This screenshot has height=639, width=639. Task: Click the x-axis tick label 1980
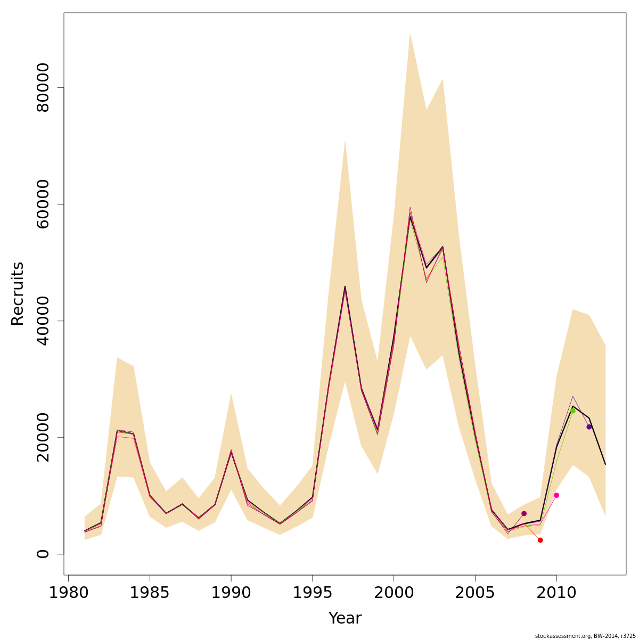[x=69, y=593]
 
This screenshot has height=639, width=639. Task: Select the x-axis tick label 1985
[x=150, y=593]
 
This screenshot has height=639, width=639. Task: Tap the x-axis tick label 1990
[x=231, y=593]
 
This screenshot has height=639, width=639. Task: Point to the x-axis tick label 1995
[x=313, y=593]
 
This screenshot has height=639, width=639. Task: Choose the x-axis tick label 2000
[x=394, y=593]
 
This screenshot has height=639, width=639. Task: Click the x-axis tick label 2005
[x=475, y=593]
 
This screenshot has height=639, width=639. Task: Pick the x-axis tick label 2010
[x=556, y=593]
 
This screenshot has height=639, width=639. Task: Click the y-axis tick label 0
[x=43, y=554]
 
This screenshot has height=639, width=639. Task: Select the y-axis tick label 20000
[x=43, y=437]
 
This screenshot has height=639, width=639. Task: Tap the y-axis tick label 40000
[x=43, y=321]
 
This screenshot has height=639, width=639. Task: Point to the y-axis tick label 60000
[x=43, y=204]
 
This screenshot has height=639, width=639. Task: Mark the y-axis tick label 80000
[x=43, y=87]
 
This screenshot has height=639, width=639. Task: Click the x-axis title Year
[x=345, y=618]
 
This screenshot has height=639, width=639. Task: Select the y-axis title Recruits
[x=18, y=293]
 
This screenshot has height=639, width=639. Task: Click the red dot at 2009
[x=540, y=540]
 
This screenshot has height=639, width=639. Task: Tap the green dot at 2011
[x=572, y=411]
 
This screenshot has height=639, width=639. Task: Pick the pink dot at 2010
[x=556, y=495]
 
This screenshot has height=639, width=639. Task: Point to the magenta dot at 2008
[x=524, y=513]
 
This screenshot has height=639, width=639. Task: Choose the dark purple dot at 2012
[x=589, y=427]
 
